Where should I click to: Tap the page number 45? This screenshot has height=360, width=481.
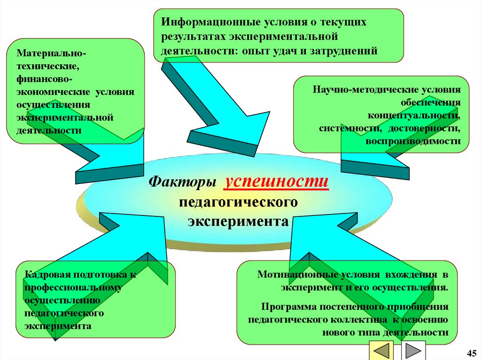[471, 353]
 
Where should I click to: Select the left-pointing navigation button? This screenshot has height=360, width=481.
[382, 350]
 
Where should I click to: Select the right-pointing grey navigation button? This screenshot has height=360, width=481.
[413, 350]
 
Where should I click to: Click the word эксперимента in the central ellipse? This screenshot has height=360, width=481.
[238, 221]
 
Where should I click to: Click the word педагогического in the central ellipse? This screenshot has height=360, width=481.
[238, 202]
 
